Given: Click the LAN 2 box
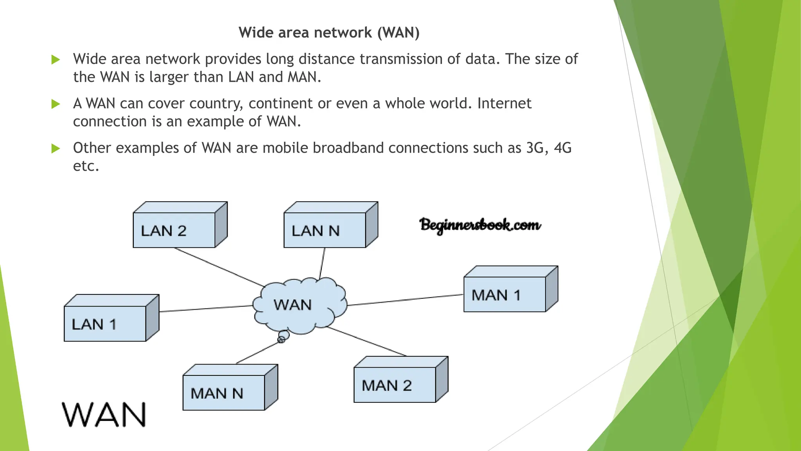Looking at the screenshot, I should pyautogui.click(x=174, y=230).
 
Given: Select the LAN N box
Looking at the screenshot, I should pyautogui.click(x=325, y=230).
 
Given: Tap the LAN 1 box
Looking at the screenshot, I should pyautogui.click(x=105, y=324).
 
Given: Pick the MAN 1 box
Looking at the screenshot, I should pyautogui.click(x=505, y=294).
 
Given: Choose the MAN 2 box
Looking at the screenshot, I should pyautogui.click(x=395, y=385).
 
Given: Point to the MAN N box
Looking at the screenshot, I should pyautogui.click(x=224, y=393).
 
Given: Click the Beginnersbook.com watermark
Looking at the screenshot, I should pyautogui.click(x=480, y=225).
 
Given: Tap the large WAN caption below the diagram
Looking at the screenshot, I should pyautogui.click(x=104, y=415).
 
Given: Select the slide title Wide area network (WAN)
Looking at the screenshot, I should pyautogui.click(x=329, y=32).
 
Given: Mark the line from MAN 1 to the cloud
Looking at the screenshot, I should pyautogui.click(x=405, y=300).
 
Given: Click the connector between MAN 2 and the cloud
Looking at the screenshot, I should pyautogui.click(x=367, y=341).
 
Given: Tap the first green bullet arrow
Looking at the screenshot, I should pyautogui.click(x=56, y=60).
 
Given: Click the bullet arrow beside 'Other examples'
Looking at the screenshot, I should pyautogui.click(x=56, y=148).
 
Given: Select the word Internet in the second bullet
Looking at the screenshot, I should pyautogui.click(x=504, y=103).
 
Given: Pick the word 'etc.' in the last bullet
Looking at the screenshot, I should pyautogui.click(x=86, y=166).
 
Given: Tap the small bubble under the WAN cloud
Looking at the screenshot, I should pyautogui.click(x=283, y=336).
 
